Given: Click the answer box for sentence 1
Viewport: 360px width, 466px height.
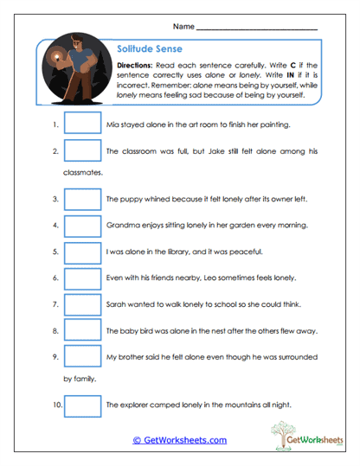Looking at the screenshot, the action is click(82, 124).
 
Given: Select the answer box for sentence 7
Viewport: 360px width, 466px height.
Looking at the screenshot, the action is click(82, 304).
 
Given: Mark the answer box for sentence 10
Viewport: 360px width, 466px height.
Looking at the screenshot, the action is click(82, 404).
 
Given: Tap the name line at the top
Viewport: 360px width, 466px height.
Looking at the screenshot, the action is click(256, 29).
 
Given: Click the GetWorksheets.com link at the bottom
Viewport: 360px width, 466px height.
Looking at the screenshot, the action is click(180, 440).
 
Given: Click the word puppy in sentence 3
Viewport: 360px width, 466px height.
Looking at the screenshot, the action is click(129, 199).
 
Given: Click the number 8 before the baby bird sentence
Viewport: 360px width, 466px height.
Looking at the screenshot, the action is click(55, 331).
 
